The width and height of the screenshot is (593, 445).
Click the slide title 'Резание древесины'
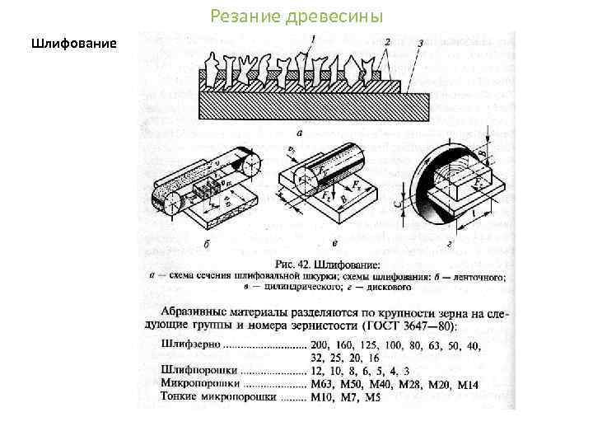pyautogui.click(x=296, y=16)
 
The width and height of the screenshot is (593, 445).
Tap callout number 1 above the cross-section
pyautogui.click(x=313, y=38)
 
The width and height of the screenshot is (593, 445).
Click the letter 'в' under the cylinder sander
pyautogui.click(x=333, y=244)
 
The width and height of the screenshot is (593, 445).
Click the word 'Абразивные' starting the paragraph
pyautogui.click(x=198, y=312)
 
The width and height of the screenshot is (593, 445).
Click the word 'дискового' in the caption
pyautogui.click(x=388, y=288)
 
